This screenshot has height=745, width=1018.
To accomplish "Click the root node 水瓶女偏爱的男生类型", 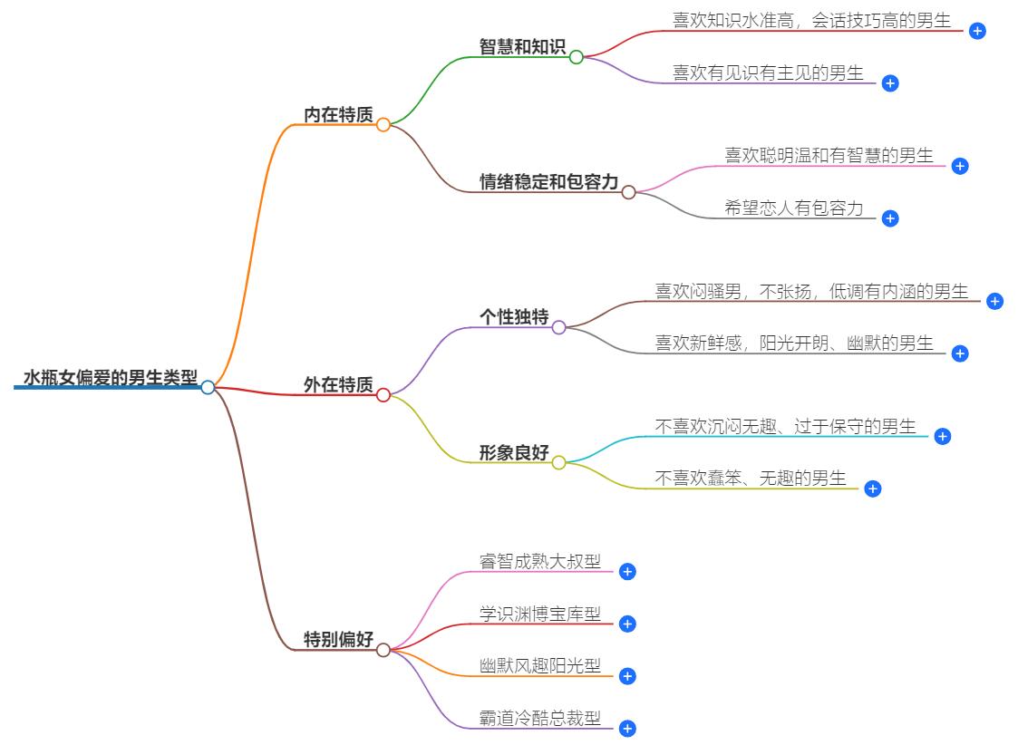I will pos(110,377).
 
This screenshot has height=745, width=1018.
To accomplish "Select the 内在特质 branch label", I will pos(338,114).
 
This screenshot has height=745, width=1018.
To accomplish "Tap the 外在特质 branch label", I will pos(338,385).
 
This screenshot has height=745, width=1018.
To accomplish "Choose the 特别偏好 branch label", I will pos(338,640).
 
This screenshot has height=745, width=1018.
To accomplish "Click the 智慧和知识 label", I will pos(522,47).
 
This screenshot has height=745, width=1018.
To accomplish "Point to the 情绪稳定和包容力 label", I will pos(548,182).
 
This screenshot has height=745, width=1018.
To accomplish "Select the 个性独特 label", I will pos(514,317).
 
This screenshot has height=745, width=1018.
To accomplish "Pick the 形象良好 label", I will pos(514,453).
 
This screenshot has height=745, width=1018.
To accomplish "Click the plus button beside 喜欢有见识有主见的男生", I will pos(890,83).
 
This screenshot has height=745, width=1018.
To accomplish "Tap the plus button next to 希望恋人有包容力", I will pos(890,218).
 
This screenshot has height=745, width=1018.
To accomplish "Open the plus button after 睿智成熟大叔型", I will pos(627,571).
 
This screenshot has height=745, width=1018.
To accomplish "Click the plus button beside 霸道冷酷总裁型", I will pos(627,729).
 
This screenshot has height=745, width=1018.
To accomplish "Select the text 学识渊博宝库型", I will pos(540,614).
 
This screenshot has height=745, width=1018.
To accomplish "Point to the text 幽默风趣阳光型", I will pos(540,666).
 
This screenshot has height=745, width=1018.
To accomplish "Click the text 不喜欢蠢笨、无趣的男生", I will pos(751,478).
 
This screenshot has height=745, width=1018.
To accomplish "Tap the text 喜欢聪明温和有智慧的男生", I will pos(829,156).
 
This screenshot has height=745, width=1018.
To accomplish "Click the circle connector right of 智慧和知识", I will pos(577,57).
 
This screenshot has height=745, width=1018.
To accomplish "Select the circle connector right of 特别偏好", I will pos(383,650).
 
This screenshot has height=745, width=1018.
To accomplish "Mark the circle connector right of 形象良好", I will pos(558,462).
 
